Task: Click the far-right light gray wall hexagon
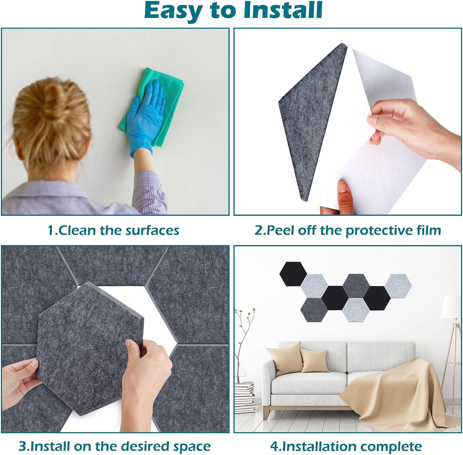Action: pos(398,286)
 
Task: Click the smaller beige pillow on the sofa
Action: pos(315,360)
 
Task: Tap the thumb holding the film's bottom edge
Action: pos(344,195)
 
